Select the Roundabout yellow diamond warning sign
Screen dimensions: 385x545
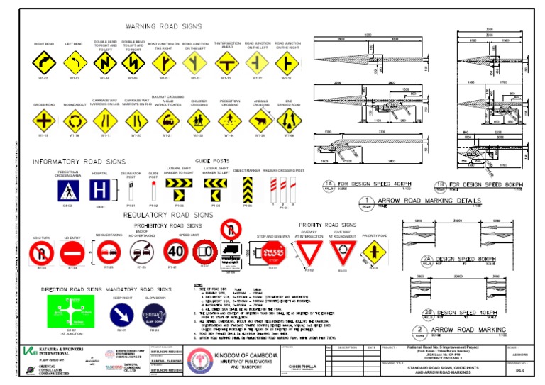(75, 121)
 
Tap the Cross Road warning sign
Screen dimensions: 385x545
(44, 121)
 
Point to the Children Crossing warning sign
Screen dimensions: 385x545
(198, 121)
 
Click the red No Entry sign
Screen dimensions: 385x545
(72, 252)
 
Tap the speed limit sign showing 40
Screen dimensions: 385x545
(175, 250)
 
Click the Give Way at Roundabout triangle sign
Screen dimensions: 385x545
(343, 252)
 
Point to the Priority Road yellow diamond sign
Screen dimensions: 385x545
(375, 251)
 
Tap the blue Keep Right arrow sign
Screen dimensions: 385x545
(121, 314)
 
